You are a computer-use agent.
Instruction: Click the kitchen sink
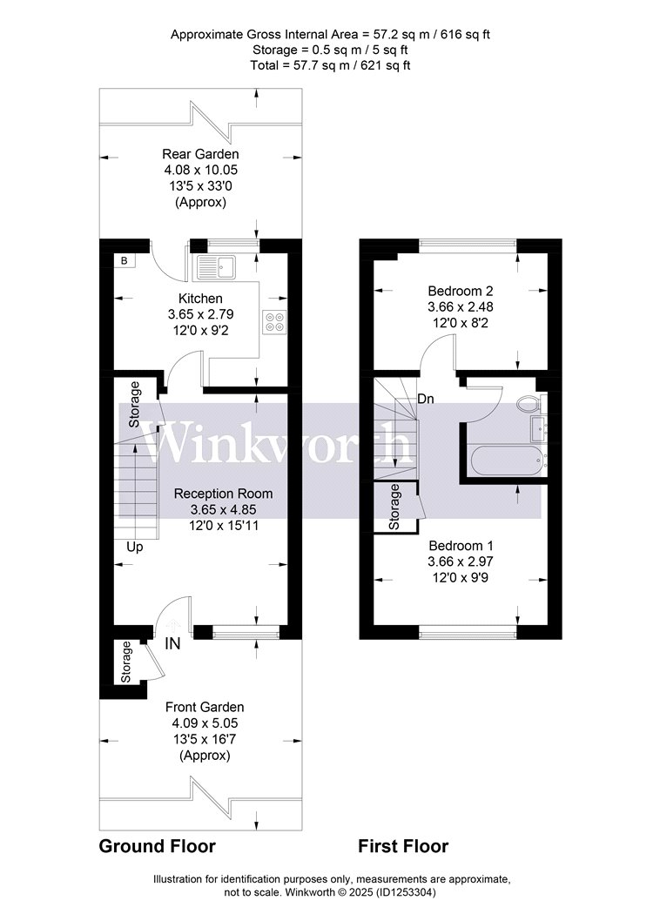pos(216,266)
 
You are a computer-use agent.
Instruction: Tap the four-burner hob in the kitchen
pos(274,321)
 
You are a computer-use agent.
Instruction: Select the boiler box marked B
pos(125,260)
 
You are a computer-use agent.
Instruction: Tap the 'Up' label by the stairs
pos(135,548)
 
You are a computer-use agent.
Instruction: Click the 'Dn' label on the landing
pos(426,400)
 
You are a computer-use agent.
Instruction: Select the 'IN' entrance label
pos(172,643)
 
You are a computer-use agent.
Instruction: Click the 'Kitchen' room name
pos(200,299)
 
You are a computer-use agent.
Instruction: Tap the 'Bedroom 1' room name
pos(461,546)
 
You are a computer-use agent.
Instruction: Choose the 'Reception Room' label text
pos(223,494)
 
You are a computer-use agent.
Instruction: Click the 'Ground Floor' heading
pos(158,846)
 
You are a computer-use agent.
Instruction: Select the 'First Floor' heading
pos(403,846)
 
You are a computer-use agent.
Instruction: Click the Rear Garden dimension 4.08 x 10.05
pos(200,171)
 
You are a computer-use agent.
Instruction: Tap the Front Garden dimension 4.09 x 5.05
pos(205,723)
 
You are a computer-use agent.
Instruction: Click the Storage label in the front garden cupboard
pos(126,662)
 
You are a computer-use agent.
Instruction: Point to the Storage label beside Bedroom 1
pos(394,507)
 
